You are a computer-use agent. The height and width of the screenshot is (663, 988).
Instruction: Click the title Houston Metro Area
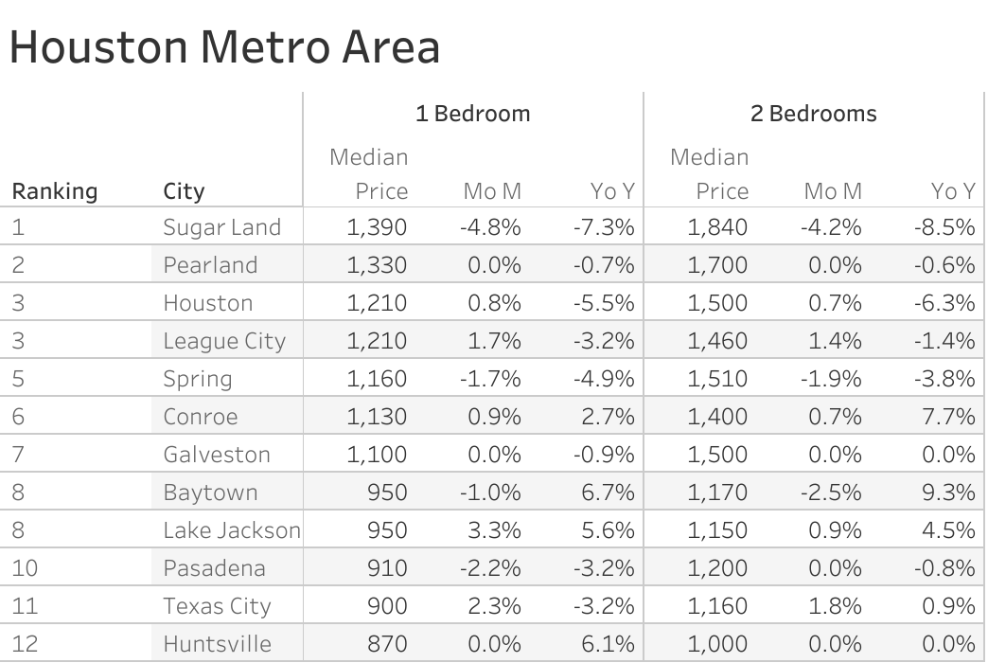pyautogui.click(x=224, y=47)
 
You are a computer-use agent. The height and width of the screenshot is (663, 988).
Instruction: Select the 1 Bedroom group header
pyautogui.click(x=472, y=114)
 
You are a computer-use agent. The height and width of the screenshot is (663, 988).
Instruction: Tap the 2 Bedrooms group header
pyautogui.click(x=813, y=114)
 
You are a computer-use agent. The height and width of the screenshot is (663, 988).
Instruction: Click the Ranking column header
pyautogui.click(x=54, y=191)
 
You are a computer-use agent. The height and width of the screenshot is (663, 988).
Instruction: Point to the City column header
pyautogui.click(x=184, y=191)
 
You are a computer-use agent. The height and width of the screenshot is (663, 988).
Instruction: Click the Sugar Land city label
pyautogui.click(x=221, y=227)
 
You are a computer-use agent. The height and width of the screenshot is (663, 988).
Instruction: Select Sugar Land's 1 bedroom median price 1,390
pyautogui.click(x=377, y=227)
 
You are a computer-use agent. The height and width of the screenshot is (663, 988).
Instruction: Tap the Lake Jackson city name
pyautogui.click(x=231, y=530)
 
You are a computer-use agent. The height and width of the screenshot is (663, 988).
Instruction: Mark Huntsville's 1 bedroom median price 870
pyautogui.click(x=388, y=644)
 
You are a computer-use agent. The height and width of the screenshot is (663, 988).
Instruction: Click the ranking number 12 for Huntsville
pyautogui.click(x=26, y=644)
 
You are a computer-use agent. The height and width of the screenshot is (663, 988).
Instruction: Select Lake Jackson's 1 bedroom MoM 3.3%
pyautogui.click(x=494, y=530)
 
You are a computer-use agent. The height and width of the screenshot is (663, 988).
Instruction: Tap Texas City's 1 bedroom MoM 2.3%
pyautogui.click(x=494, y=606)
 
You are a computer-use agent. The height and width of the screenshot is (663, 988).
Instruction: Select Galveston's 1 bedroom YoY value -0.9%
pyautogui.click(x=604, y=455)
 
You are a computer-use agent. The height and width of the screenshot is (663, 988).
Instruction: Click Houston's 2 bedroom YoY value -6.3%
pyautogui.click(x=944, y=303)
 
